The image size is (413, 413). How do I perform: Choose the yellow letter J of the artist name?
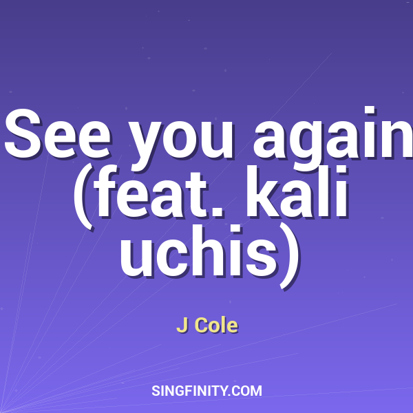point(182,326)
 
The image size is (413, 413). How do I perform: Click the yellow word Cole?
point(216,326)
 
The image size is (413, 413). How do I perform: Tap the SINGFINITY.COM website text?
point(206,391)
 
